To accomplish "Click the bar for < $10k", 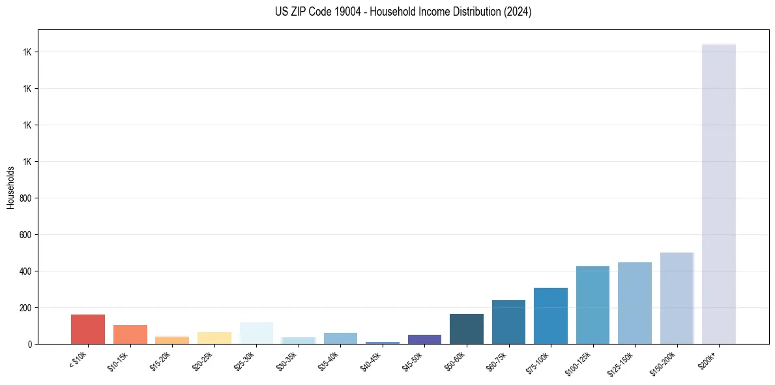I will (x=88, y=330).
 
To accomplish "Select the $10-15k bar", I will (x=130, y=334).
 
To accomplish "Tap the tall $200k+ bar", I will (x=718, y=196).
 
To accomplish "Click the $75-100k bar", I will (x=551, y=316).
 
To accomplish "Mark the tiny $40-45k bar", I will (x=383, y=342).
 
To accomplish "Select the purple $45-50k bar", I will (x=424, y=339).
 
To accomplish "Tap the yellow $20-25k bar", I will (x=214, y=338).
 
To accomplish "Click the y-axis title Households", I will (x=10, y=187).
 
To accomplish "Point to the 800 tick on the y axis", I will (x=26, y=198).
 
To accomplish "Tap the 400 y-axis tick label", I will (x=26, y=271).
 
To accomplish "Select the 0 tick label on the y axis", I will (x=29, y=344).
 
